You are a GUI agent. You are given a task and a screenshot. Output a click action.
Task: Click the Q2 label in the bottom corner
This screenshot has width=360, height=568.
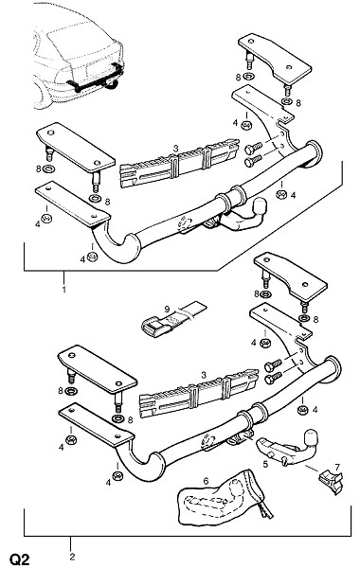tap(19, 559)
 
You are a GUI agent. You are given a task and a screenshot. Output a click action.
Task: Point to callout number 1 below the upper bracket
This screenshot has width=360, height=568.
tap(63, 290)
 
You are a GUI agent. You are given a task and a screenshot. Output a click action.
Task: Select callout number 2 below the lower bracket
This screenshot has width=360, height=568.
tap(72, 557)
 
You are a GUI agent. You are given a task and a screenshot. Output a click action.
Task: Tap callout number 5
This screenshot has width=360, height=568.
tap(265, 464)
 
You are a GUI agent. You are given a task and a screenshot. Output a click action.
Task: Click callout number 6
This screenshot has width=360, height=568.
tap(206, 481)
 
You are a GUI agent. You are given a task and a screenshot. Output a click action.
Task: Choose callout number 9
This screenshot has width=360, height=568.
tap(167, 309)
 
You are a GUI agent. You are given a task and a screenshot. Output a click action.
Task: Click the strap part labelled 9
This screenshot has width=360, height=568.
tap(173, 318)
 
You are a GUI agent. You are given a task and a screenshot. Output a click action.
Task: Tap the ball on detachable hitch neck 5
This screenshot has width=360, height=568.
tap(312, 438)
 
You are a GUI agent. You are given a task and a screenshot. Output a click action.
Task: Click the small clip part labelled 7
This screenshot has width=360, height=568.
tap(331, 480)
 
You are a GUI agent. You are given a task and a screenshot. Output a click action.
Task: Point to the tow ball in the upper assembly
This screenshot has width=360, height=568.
tap(261, 206)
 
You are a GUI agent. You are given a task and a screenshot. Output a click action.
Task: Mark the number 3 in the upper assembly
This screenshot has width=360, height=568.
tap(176, 149)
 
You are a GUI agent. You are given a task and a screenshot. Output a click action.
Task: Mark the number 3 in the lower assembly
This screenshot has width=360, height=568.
tap(204, 375)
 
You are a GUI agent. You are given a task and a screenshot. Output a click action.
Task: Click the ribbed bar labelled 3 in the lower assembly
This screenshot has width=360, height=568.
tap(199, 393)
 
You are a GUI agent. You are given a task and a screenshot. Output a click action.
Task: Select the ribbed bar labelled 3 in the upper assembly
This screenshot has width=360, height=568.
tap(179, 164)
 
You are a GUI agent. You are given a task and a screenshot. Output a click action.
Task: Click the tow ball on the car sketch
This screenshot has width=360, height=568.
tap(112, 84)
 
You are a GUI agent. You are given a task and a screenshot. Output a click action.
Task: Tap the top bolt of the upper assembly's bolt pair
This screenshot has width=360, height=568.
tap(253, 149)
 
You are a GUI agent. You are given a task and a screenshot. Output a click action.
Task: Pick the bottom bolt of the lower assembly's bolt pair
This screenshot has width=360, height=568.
tap(274, 378)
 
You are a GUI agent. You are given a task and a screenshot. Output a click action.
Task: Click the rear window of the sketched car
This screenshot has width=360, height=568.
tap(84, 41)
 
